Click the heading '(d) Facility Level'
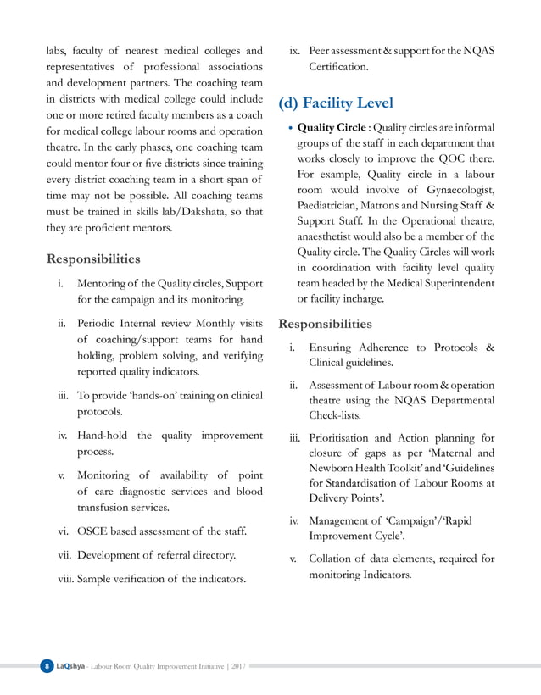tap(336, 103)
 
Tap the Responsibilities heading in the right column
tap(325, 324)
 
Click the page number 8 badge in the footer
tap(47, 667)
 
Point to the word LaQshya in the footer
tap(71, 667)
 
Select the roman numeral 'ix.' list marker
tap(296, 50)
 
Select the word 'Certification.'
tap(338, 66)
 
